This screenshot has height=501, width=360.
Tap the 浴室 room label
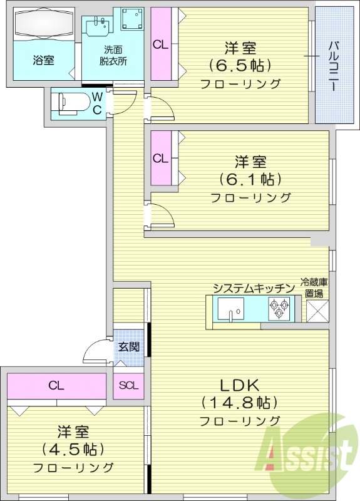(43, 61)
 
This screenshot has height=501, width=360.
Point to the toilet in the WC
(69, 102)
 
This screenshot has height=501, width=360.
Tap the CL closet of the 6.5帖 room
(161, 44)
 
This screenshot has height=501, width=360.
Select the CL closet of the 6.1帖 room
(161, 158)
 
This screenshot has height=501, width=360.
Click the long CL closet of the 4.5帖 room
(56, 386)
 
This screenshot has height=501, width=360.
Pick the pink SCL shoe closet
(128, 385)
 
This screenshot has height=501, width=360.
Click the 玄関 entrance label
(128, 346)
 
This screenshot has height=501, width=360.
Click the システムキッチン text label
(253, 288)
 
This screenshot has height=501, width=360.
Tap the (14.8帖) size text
(239, 401)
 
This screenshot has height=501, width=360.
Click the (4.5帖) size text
(73, 449)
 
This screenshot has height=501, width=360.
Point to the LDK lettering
(239, 383)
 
